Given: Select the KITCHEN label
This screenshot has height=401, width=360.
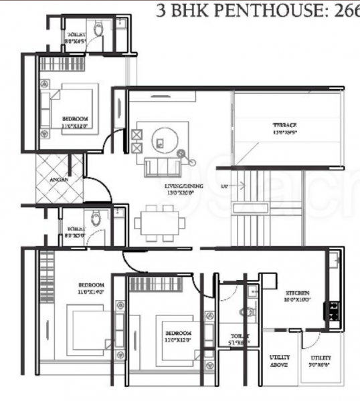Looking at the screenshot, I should pos(297,293).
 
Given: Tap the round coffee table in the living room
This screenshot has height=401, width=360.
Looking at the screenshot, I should pos(161,141).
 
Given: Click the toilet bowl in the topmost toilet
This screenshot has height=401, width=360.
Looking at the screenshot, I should pos(98,29).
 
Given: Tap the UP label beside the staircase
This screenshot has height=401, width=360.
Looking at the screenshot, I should pos(224,185).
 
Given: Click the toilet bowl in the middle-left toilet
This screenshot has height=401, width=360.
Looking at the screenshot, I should pos(97,218).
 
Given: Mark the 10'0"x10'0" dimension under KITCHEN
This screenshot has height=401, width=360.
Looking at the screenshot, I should pos(297,302).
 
